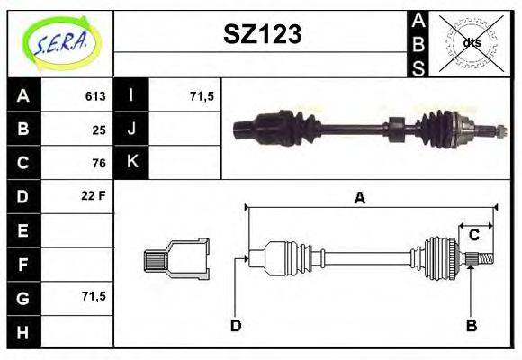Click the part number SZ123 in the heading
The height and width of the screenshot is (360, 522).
pos(262,34)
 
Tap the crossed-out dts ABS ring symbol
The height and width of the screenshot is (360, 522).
pos(471,42)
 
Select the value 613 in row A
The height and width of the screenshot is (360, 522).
pos(94,96)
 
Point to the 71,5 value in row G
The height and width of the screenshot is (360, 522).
pos(94,295)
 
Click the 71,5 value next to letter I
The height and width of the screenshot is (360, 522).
pos(202,96)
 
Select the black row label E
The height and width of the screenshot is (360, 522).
pos(22,230)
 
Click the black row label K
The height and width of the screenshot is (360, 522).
pos(132,163)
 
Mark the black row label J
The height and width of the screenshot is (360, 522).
pos(132,130)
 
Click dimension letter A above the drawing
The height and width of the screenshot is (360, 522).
pos(360,199)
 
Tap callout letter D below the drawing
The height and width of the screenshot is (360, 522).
pos(236,325)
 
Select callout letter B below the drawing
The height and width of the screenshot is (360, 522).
pos(470,325)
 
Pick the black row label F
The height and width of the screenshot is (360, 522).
pos(22,264)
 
